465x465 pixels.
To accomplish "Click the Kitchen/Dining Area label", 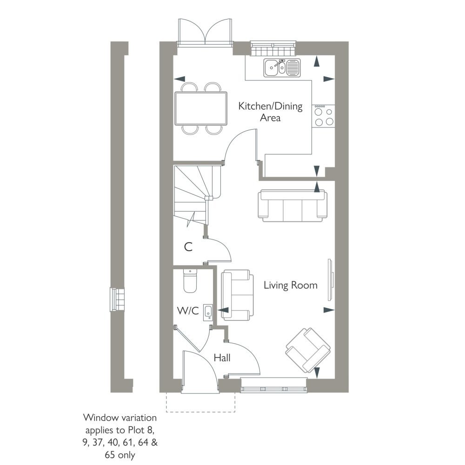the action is (x=270, y=112).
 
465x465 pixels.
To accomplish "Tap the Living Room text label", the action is (x=291, y=286).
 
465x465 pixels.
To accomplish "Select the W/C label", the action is (x=188, y=311).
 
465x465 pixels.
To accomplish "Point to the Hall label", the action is (x=222, y=358).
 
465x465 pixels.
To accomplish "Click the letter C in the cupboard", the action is (x=188, y=247).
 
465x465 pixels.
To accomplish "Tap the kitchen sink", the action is (x=282, y=68).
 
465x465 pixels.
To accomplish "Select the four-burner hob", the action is (x=323, y=116).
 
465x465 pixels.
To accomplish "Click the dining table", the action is (x=201, y=108).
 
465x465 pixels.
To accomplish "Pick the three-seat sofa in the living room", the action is (x=292, y=206).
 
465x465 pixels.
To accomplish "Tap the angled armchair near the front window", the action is (x=308, y=350).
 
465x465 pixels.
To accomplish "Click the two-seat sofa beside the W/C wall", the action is (x=237, y=295).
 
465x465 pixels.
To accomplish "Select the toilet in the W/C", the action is (x=190, y=280).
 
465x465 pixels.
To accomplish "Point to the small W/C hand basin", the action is (x=208, y=312).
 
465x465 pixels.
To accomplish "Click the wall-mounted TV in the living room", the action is (x=331, y=280).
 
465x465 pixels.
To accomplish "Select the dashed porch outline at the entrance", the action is (x=200, y=402).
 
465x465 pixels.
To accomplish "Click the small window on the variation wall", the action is (x=117, y=299).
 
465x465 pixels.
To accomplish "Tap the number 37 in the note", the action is (x=98, y=443).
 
